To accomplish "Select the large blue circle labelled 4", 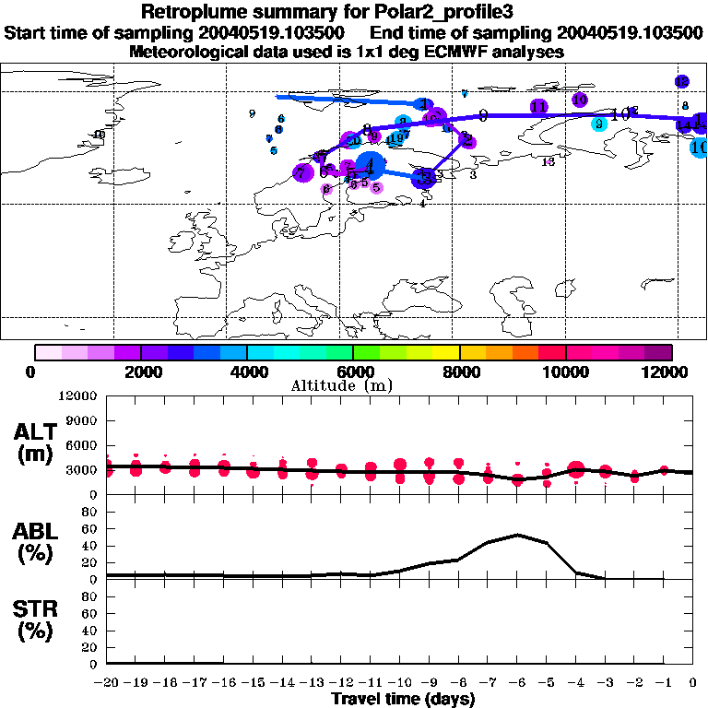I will pos(371,167).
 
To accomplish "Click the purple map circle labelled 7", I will pos(301,172).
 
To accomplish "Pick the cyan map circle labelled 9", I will pos(598,124).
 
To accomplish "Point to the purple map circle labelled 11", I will pos(539,107).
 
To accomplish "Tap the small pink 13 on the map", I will pos(548,162).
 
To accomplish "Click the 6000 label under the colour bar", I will pos(353,372).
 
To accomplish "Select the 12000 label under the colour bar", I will pos(669,372).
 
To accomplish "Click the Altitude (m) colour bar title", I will pos(354,385).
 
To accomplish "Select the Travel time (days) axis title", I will pos(403,700).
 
